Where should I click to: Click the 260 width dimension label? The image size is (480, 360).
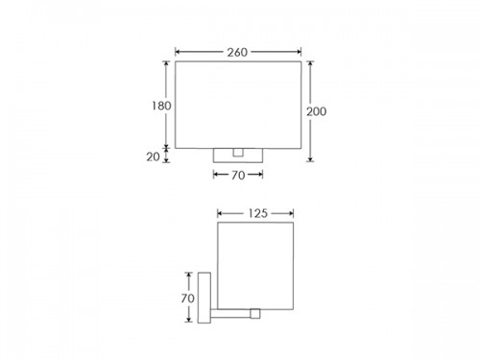[237, 52]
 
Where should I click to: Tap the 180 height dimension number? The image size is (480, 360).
[161, 106]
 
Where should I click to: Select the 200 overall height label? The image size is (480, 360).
[317, 111]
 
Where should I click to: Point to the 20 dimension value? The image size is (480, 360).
[153, 156]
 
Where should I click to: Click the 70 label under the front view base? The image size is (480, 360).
[238, 175]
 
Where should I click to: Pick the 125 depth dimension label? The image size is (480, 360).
[257, 213]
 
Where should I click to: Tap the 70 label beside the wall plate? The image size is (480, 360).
[187, 299]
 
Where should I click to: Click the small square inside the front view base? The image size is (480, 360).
[238, 153]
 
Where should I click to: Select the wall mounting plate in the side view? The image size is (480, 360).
[204, 298]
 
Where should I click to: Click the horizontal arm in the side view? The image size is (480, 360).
[230, 314]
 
